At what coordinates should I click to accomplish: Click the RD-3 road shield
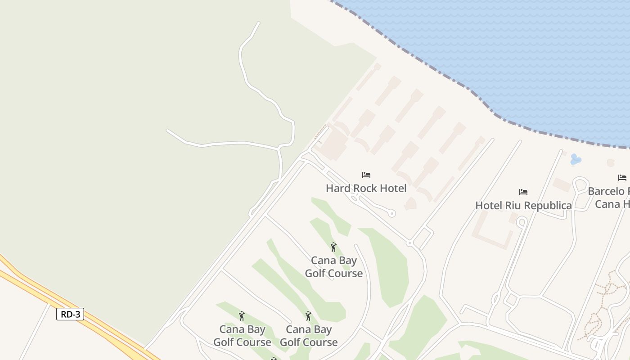[x=70, y=314]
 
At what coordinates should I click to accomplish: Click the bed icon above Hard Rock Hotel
[x=366, y=175]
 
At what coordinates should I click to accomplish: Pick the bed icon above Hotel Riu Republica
[x=523, y=192]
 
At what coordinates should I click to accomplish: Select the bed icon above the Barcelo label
[x=622, y=178]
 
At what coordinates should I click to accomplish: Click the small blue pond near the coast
[x=575, y=159]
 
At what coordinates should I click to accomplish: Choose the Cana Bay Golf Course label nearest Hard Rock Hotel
[x=334, y=267]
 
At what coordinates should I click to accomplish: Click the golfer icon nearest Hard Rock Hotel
[x=333, y=247]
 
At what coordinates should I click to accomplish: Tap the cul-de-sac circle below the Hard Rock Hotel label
[x=392, y=214]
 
